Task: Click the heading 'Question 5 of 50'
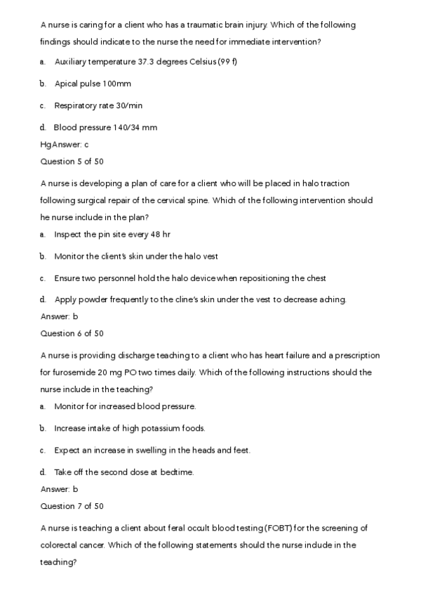(x=72, y=161)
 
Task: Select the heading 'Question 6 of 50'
(x=72, y=333)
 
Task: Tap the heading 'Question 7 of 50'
(x=72, y=506)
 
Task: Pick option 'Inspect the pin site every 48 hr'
(x=112, y=234)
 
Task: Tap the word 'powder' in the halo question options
(x=98, y=299)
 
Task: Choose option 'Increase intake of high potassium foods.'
(x=129, y=428)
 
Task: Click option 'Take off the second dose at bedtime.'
(x=123, y=472)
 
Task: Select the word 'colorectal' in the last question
(x=60, y=545)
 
